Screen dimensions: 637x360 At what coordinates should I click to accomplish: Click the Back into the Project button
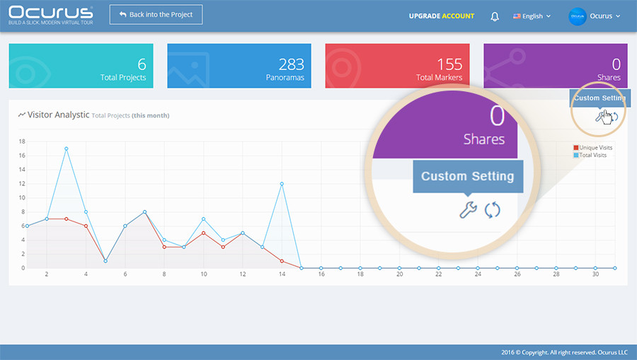pyautogui.click(x=156, y=15)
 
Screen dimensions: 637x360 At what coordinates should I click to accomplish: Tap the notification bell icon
pyautogui.click(x=495, y=16)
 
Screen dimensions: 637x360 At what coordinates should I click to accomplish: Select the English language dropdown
pyautogui.click(x=532, y=16)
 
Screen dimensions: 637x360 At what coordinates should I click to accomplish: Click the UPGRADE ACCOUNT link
pyautogui.click(x=442, y=16)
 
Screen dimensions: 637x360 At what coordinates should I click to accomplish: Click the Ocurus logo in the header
pyautogui.click(x=51, y=16)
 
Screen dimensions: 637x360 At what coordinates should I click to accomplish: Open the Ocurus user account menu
pyautogui.click(x=595, y=16)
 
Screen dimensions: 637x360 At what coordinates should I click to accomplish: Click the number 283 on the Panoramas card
pyautogui.click(x=292, y=64)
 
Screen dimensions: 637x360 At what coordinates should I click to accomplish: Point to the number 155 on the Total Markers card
pyautogui.click(x=449, y=64)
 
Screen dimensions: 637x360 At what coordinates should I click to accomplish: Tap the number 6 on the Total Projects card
pyautogui.click(x=142, y=64)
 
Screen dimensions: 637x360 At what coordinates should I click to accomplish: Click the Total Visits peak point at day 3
pyautogui.click(x=67, y=149)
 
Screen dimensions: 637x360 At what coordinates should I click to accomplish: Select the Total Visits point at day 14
pyautogui.click(x=282, y=184)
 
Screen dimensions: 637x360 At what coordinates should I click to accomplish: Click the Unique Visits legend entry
pyautogui.click(x=592, y=148)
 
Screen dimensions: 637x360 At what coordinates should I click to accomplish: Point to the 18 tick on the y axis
pyautogui.click(x=22, y=141)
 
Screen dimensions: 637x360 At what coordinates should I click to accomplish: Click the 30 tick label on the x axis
pyautogui.click(x=595, y=274)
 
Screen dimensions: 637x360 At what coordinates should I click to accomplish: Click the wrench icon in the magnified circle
pyautogui.click(x=468, y=210)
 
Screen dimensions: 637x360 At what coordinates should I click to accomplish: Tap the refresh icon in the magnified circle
pyautogui.click(x=493, y=210)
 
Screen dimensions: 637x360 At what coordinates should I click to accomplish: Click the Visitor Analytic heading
pyautogui.click(x=58, y=115)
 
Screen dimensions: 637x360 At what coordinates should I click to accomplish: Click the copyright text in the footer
pyautogui.click(x=564, y=352)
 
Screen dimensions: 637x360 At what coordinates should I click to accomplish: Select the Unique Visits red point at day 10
pyautogui.click(x=204, y=233)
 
